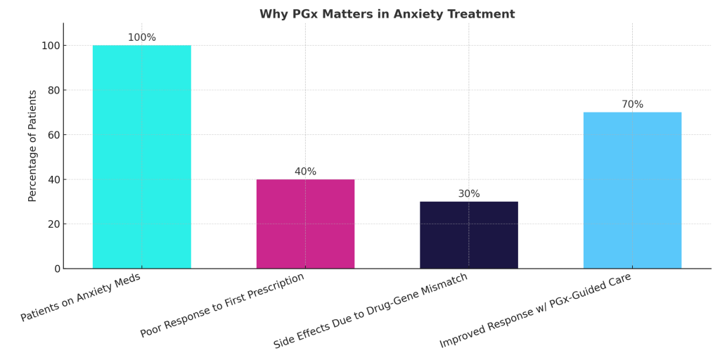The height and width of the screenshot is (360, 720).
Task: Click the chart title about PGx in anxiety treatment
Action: tap(387, 14)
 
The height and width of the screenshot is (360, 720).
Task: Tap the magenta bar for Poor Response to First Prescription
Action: tap(305, 224)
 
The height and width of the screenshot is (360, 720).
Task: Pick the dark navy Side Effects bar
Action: tap(469, 235)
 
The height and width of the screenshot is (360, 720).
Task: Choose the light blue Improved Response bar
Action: tap(632, 191)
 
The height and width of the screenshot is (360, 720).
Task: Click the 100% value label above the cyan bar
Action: tap(141, 38)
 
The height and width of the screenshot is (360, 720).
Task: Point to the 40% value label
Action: tap(305, 172)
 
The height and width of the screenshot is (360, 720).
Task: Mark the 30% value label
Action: tap(469, 194)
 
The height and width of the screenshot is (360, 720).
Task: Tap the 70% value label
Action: tap(632, 105)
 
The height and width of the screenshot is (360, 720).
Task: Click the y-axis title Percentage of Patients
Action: tap(33, 146)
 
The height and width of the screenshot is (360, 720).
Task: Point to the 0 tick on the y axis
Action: tap(57, 269)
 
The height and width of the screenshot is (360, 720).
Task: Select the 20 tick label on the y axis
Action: tap(53, 224)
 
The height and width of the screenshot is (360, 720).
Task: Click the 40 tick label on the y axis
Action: tap(53, 179)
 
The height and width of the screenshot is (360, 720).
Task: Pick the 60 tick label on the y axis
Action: tap(53, 135)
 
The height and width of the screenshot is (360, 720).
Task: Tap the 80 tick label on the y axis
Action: tap(53, 90)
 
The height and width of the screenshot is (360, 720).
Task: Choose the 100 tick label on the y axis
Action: tap(51, 46)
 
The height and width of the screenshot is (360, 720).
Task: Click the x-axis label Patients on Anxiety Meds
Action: tap(81, 297)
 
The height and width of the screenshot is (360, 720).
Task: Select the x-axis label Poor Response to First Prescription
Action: tap(222, 305)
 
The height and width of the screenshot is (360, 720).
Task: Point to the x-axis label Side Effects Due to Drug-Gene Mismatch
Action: tap(371, 311)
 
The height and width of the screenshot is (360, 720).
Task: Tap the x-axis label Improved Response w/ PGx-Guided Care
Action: tap(535, 310)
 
